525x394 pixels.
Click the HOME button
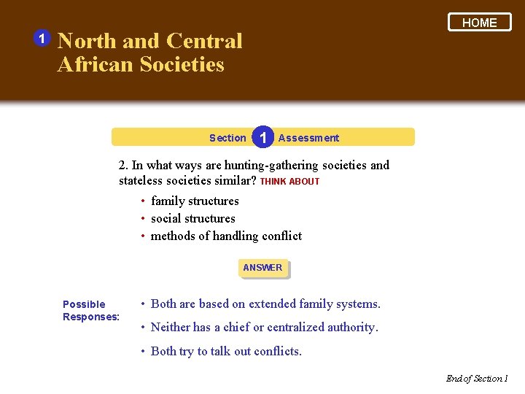(480, 23)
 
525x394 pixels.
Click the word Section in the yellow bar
(227, 138)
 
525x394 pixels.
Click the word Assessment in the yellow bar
(308, 138)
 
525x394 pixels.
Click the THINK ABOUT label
(289, 182)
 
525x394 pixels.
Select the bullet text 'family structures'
(195, 201)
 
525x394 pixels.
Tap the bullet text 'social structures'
(192, 218)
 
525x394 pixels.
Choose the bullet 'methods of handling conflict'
(226, 236)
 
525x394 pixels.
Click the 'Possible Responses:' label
(90, 310)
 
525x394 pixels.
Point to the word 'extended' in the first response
(273, 304)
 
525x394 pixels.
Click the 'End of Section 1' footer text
(476, 378)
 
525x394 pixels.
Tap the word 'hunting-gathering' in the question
(270, 165)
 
